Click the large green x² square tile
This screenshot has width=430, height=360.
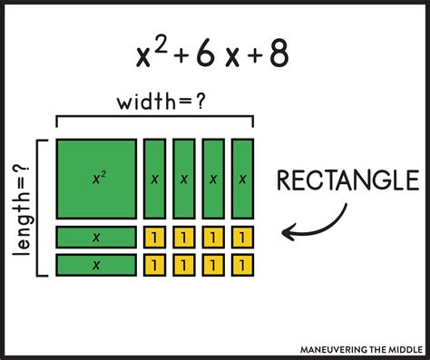[96, 180]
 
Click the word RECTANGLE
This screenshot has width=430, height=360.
[341, 181]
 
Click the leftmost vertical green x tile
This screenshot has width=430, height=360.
[155, 180]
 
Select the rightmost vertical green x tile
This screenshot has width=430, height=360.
[242, 180]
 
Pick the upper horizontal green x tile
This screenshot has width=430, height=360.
[96, 238]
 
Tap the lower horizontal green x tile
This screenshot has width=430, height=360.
[96, 265]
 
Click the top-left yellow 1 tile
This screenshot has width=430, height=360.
[155, 238]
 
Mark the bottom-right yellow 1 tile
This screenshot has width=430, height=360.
[242, 265]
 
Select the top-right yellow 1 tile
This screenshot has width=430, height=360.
[242, 238]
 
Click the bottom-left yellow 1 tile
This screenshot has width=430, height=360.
[155, 265]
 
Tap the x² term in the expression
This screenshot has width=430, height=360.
[149, 54]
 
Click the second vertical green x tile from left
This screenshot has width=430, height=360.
[184, 180]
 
